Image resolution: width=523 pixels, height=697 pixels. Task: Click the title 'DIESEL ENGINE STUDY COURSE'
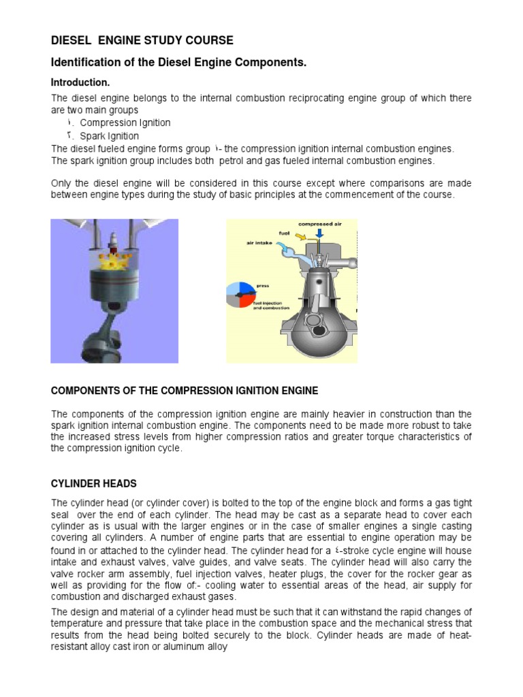[142, 40]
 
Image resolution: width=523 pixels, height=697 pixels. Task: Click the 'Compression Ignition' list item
[125, 123]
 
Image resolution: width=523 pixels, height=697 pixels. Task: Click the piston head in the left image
[114, 286]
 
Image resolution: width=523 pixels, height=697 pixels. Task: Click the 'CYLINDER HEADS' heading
[94, 483]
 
